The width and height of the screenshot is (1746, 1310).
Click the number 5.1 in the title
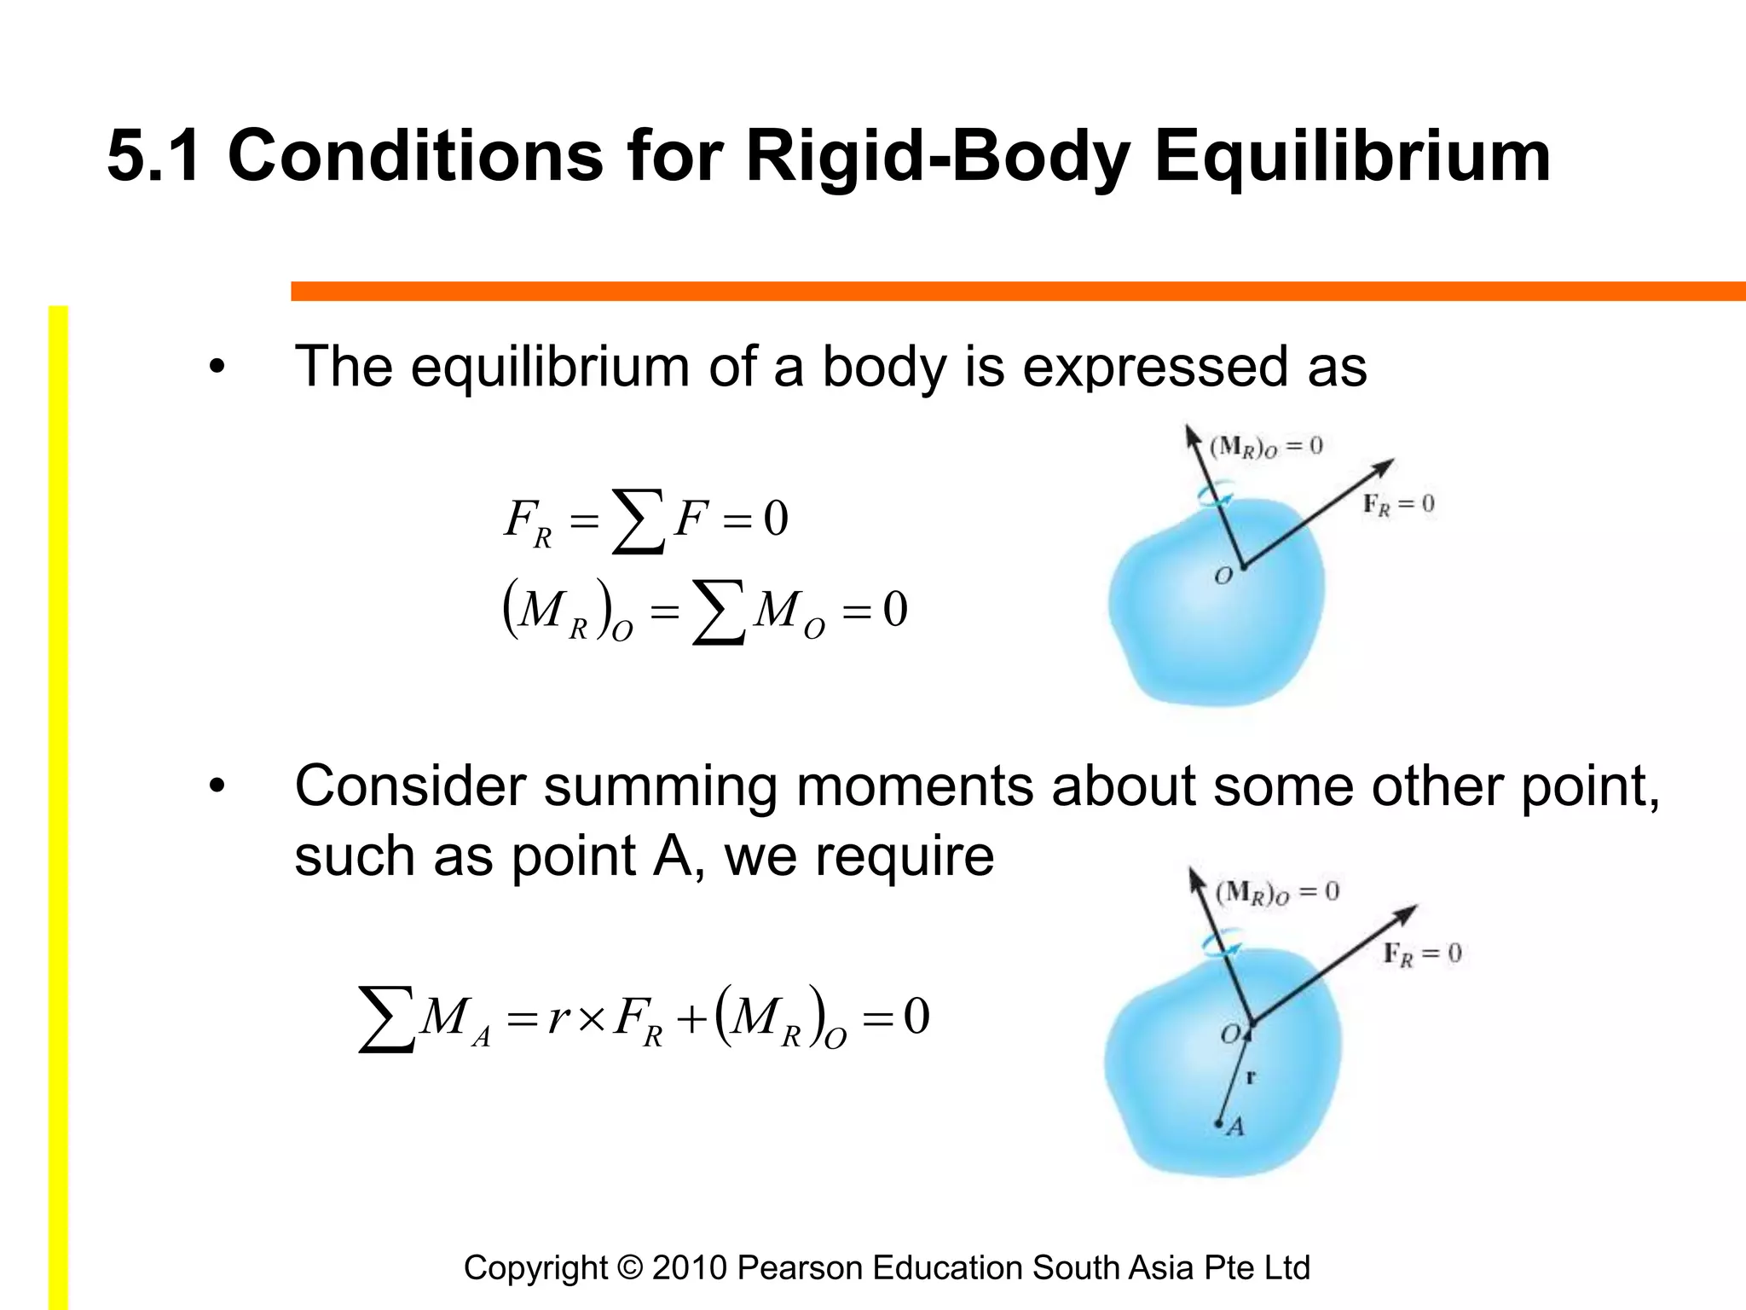click(154, 155)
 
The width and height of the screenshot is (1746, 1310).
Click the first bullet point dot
click(217, 368)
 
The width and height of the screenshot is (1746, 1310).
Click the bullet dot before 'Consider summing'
click(217, 787)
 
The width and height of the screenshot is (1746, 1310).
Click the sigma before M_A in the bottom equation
click(386, 1019)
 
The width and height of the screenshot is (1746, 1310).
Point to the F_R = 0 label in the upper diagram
click(1398, 505)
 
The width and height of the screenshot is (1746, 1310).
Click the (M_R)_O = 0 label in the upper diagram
click(1266, 446)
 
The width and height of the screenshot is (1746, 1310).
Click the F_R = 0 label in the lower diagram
click(1422, 954)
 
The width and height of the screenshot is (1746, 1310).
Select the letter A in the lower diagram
click(1236, 1127)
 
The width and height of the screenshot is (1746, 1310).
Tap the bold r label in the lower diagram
click(1251, 1076)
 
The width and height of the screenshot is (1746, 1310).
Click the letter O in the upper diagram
click(1223, 577)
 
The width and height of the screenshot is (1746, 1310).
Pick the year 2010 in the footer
click(689, 1268)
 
